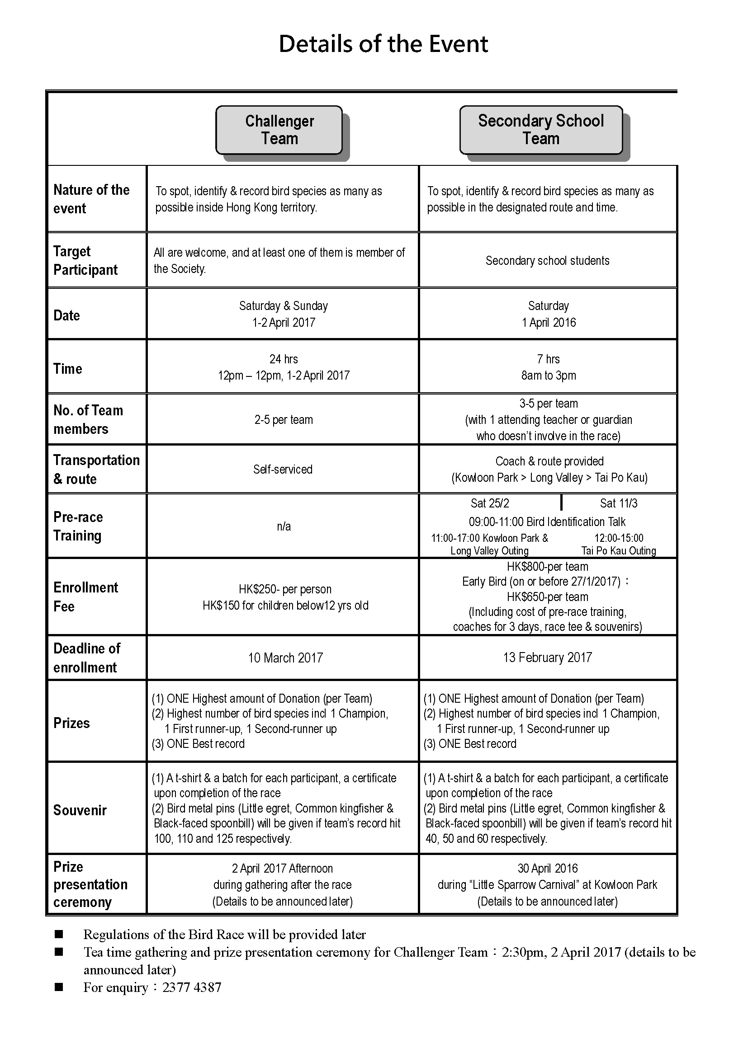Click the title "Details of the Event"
click(383, 44)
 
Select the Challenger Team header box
click(279, 130)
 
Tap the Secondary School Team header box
click(541, 130)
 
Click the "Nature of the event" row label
click(91, 199)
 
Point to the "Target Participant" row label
click(85, 261)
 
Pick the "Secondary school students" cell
click(547, 261)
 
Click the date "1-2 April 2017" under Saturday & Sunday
click(284, 322)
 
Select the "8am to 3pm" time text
click(548, 375)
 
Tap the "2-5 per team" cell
click(284, 420)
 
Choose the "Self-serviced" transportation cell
click(283, 470)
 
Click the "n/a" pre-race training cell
click(284, 526)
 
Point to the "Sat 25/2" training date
click(490, 503)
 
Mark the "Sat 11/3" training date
click(619, 503)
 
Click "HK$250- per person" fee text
click(285, 589)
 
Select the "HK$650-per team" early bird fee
click(547, 597)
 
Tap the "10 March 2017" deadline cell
click(285, 658)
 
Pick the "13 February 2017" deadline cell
click(547, 658)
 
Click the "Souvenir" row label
click(80, 810)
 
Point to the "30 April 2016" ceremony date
click(547, 868)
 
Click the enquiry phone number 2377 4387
click(192, 987)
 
